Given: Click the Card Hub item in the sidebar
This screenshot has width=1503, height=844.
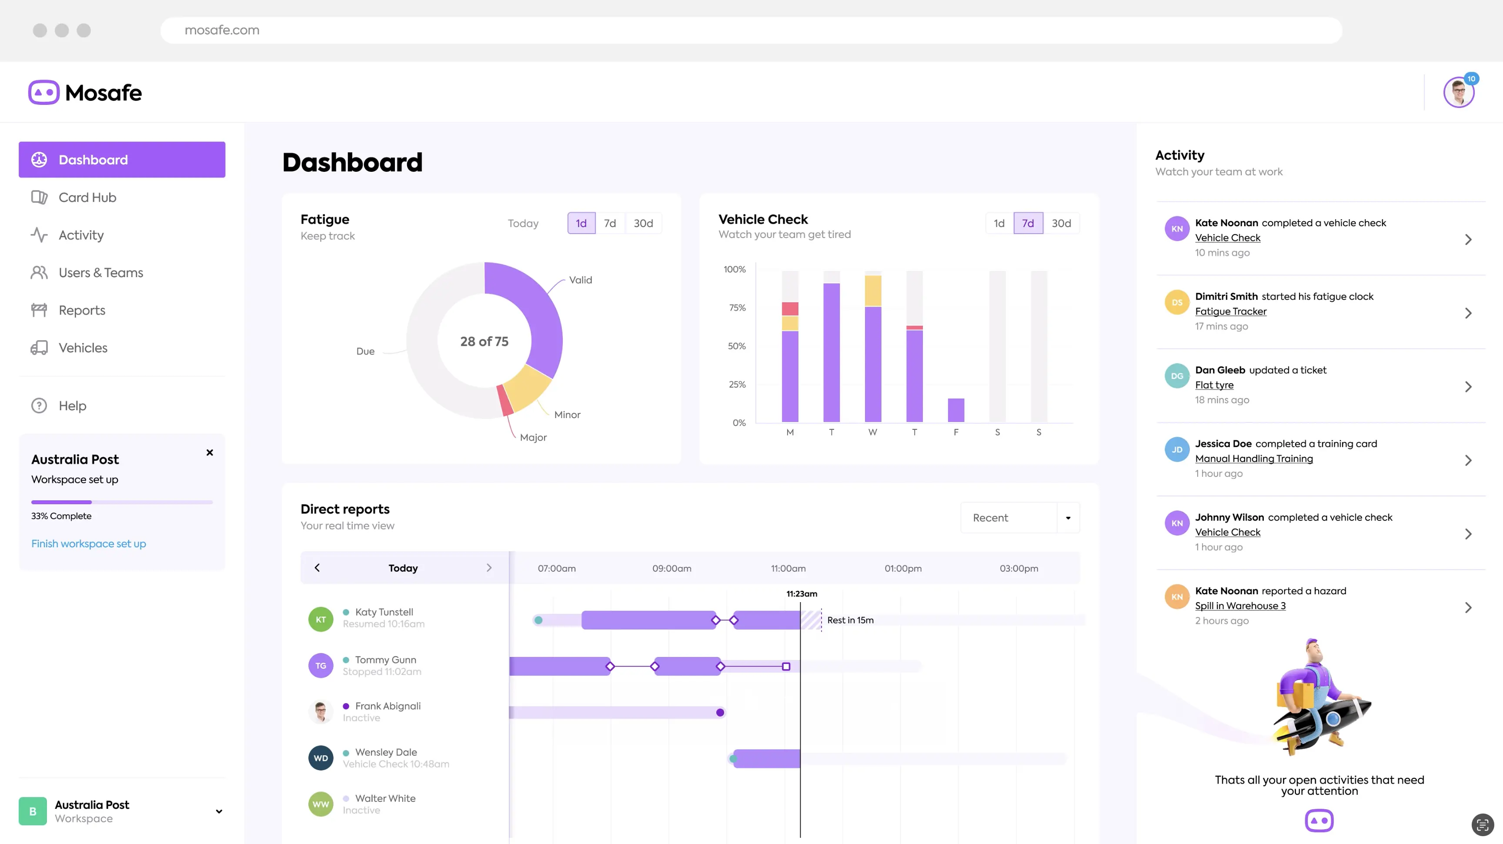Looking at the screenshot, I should (x=87, y=197).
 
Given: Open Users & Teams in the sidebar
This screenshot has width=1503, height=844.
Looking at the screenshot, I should (x=100, y=273).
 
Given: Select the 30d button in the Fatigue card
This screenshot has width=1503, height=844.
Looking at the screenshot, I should (x=643, y=223).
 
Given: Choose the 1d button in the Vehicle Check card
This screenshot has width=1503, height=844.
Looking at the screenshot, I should (x=999, y=223).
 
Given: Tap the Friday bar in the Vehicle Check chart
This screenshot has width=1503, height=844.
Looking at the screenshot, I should (x=956, y=410).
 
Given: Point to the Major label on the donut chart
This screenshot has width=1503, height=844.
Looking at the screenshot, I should (x=533, y=437).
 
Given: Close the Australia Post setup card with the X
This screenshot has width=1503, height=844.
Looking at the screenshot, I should (x=210, y=452).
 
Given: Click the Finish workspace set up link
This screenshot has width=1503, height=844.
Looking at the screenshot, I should (x=89, y=543).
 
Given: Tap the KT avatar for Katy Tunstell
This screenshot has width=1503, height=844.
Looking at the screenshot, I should (x=321, y=619).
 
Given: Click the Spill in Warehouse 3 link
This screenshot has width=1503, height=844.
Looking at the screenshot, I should (x=1240, y=606).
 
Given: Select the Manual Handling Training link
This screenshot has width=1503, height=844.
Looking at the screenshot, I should (x=1253, y=459).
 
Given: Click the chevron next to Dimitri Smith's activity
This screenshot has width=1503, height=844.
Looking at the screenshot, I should (x=1468, y=313).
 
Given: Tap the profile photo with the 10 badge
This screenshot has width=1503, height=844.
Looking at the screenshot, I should (x=1458, y=92).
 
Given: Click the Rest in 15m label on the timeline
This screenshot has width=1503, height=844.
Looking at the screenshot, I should (x=850, y=620).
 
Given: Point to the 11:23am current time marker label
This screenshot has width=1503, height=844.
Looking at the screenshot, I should (x=801, y=593).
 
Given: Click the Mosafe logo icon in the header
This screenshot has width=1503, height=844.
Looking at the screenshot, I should (x=44, y=92).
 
